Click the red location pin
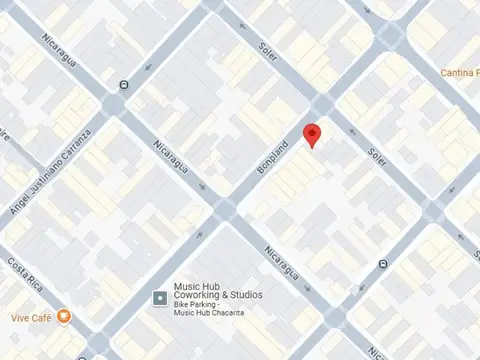click(312, 135)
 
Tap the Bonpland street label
click(273, 158)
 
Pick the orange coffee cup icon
click(64, 315)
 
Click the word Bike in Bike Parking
click(182, 305)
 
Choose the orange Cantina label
click(459, 73)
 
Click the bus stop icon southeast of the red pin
click(384, 264)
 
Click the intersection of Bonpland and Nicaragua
click(225, 208)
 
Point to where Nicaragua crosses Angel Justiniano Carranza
click(113, 102)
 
